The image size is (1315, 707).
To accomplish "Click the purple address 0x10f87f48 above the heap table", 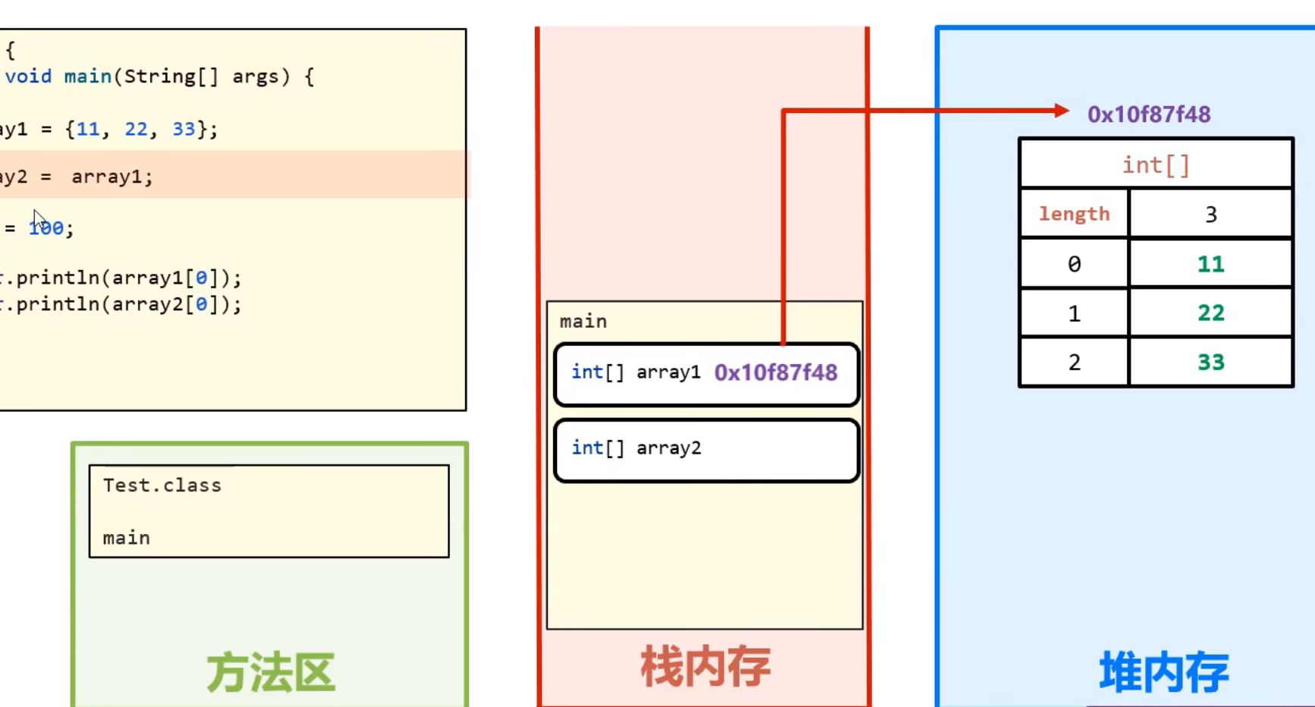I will [1148, 115].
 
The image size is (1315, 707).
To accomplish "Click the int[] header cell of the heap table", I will [1156, 165].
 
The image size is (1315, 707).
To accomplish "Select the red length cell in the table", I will [1074, 214].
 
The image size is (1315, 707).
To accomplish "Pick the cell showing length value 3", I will [1210, 214].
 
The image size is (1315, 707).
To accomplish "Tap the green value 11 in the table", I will [1210, 264].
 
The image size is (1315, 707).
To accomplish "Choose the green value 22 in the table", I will [1210, 313].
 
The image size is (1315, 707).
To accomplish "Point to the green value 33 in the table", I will [1210, 362].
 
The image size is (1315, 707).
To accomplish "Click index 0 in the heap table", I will [1074, 264].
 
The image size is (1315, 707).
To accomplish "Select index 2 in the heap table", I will [1074, 362].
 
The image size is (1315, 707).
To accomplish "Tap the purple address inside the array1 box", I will [775, 372].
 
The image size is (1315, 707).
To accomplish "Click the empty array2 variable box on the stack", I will [706, 450].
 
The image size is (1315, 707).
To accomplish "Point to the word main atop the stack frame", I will [583, 322].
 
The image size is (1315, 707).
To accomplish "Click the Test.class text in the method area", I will [162, 485].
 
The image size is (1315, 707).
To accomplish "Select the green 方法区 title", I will [270, 672].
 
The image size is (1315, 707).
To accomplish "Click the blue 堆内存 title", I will [1164, 672].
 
